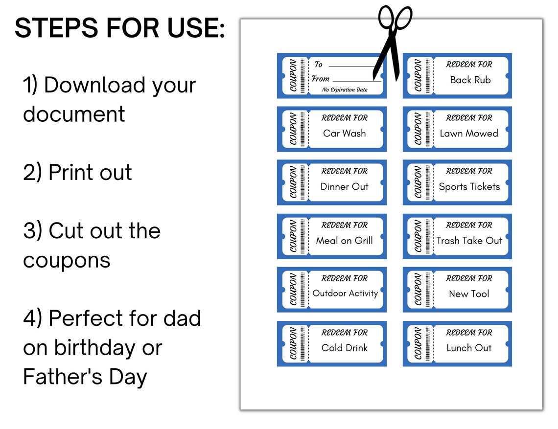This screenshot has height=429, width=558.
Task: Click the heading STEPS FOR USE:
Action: point(120,29)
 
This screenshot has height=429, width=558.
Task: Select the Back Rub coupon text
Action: point(470,80)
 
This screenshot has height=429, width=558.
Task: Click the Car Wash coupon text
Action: point(344,133)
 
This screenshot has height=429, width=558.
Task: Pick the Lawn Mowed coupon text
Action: point(468,133)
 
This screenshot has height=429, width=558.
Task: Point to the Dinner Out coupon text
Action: point(344,186)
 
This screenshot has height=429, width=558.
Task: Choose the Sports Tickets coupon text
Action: point(469,186)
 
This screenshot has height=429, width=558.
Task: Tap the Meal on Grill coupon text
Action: point(344,240)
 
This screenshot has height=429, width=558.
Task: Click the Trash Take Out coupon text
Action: point(469,240)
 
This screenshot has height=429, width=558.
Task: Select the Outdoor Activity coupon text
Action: point(345,294)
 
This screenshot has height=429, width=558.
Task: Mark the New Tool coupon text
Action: point(469,294)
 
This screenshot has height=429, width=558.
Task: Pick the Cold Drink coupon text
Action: point(344,348)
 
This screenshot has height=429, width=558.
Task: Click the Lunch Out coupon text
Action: point(468,348)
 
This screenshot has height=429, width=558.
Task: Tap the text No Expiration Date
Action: point(345,90)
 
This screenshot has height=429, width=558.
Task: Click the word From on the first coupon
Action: point(321,79)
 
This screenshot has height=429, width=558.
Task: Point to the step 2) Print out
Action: point(77,173)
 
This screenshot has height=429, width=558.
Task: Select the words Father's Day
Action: point(85,377)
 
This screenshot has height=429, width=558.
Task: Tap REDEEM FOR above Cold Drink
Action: point(344,333)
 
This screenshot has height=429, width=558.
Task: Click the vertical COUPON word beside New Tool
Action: point(418,290)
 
